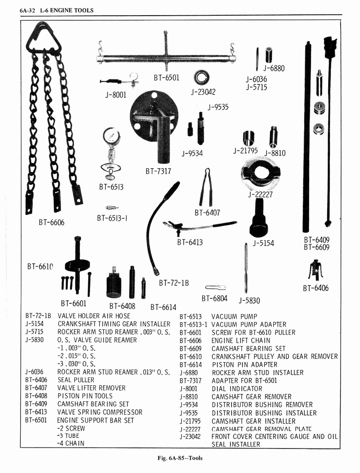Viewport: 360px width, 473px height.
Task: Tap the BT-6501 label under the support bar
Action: (166, 78)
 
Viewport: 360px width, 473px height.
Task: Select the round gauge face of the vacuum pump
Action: (111, 137)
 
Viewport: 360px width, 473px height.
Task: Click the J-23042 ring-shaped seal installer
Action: (202, 77)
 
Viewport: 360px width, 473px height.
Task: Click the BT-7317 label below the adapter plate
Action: (158, 171)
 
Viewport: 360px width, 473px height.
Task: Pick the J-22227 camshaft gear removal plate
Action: (261, 173)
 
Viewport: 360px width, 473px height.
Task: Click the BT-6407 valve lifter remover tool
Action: (206, 187)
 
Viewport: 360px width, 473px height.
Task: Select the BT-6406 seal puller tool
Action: (316, 270)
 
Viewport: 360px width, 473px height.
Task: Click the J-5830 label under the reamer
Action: (249, 301)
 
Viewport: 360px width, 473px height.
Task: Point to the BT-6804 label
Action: (215, 298)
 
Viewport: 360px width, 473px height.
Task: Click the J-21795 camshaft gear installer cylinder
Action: (249, 138)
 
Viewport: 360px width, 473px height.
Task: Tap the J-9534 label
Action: (192, 153)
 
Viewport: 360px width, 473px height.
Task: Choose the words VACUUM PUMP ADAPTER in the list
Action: (249, 324)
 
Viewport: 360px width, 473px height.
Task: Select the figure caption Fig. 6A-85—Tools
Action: (180, 458)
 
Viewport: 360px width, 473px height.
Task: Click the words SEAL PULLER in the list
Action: (76, 380)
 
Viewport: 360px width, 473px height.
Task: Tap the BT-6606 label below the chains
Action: (51, 223)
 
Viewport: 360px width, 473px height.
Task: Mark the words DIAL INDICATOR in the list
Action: (237, 388)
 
